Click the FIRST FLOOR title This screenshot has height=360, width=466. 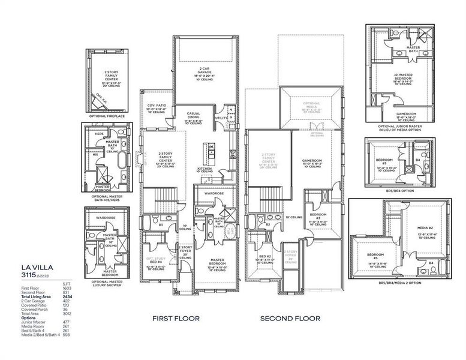(x=175, y=319)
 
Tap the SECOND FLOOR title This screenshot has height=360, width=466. (x=290, y=319)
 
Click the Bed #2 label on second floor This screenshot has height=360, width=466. (x=264, y=259)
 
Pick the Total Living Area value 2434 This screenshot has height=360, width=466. (x=68, y=296)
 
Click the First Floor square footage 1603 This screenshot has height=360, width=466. (x=68, y=288)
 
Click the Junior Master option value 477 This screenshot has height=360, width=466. (x=68, y=322)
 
